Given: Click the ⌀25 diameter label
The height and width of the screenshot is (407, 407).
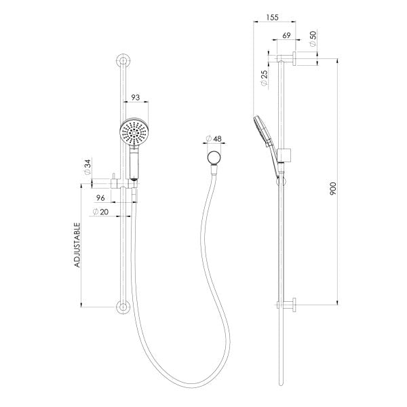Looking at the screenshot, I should (263, 79).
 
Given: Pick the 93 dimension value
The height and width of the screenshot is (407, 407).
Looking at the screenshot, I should (136, 98).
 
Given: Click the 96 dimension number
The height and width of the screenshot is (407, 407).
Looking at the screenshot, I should (100, 198).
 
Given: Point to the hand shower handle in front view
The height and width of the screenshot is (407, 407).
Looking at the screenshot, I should (134, 163).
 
